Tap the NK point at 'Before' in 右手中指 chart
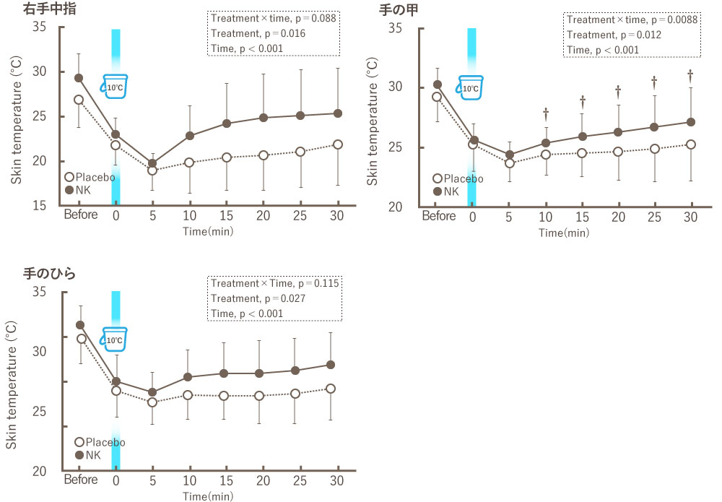tap(79, 78)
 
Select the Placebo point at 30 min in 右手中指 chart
tap(338, 144)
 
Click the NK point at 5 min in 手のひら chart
tap(152, 392)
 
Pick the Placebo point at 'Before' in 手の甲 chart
tap(437, 97)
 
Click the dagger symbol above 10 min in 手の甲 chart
tap(546, 113)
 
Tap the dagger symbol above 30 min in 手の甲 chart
tap(690, 74)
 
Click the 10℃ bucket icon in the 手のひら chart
tap(114, 338)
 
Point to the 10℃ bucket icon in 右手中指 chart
tap(115, 86)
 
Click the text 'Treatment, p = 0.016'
tap(248, 34)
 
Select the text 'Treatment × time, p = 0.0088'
tap(632, 20)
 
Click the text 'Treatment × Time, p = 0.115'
tap(274, 283)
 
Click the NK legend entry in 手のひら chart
tap(87, 455)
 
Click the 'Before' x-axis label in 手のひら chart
tap(80, 481)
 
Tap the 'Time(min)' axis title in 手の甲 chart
tap(564, 233)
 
